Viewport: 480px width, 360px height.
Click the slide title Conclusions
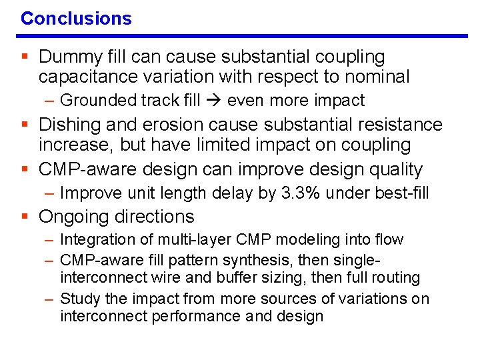tap(76, 18)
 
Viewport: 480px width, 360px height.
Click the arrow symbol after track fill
tap(213, 101)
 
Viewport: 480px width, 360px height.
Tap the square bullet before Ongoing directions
tap(25, 217)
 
